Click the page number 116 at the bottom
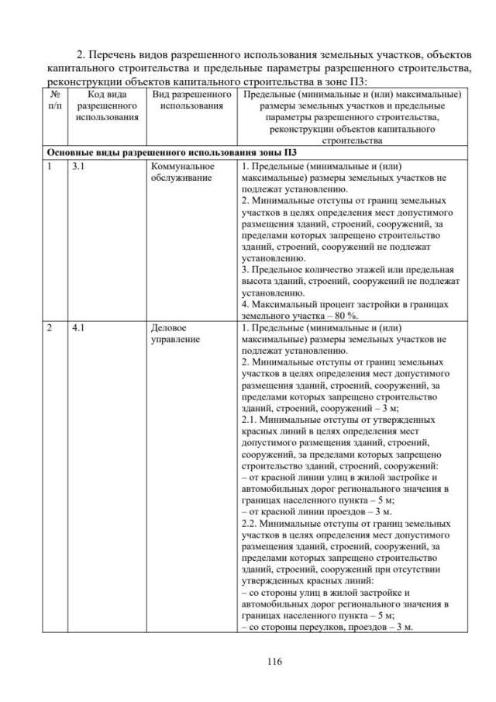coord(248,662)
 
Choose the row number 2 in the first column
coord(49,328)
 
